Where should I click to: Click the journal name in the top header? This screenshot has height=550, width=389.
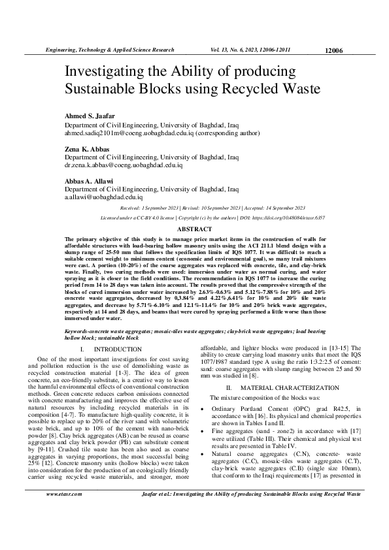109,50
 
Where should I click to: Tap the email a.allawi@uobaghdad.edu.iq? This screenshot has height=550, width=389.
103,196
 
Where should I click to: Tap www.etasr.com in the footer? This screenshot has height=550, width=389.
64,513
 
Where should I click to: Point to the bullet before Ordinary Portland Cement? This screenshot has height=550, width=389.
205,409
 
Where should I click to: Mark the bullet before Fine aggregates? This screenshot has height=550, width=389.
205,436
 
